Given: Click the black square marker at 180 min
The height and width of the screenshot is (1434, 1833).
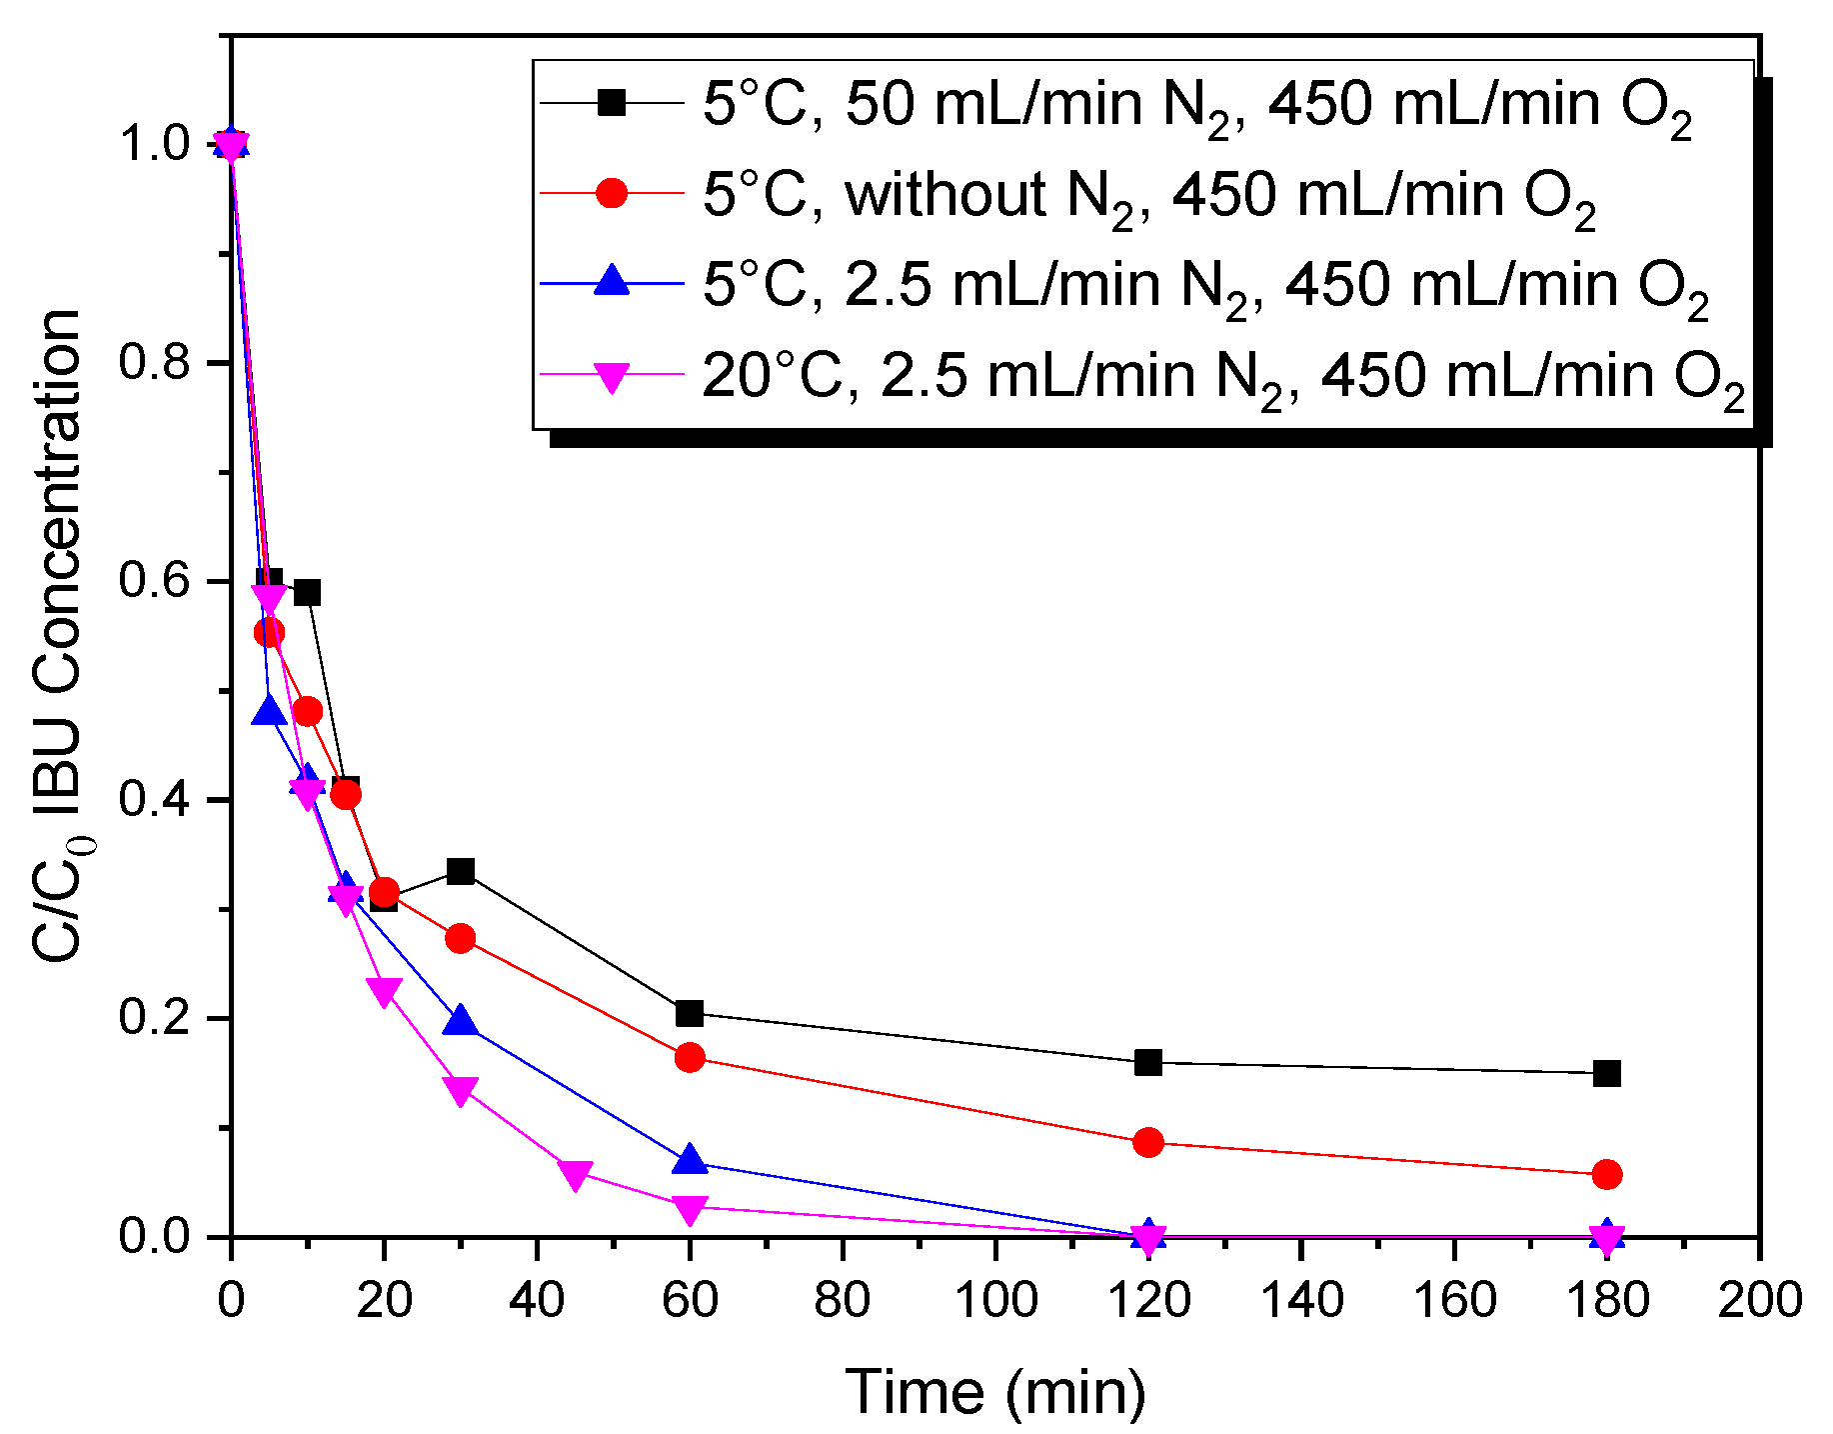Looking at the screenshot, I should coord(1606,1073).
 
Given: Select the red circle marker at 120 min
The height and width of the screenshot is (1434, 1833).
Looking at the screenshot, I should coord(1148,1142).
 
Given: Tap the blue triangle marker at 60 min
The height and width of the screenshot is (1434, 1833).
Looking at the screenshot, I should coord(690,1161).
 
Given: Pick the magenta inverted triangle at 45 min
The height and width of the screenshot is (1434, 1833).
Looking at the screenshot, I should coord(575,1175).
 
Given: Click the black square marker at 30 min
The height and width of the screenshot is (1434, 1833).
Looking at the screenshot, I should coord(460,871).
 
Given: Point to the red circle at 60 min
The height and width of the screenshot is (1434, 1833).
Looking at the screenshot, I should coord(690,1057).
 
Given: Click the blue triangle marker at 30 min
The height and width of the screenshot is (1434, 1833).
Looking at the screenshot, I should coord(460,1021).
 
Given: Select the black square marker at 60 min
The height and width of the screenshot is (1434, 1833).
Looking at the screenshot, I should coord(690,1013).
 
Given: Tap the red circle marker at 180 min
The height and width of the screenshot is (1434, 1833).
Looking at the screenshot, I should coord(1606,1174).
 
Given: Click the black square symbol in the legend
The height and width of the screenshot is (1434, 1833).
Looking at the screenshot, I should coord(611,103).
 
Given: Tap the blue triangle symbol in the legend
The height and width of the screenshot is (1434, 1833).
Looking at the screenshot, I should coord(611,283).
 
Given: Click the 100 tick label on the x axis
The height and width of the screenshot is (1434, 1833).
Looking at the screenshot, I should coord(995,1300).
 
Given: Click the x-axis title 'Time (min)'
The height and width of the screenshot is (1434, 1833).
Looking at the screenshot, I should coord(995,1390).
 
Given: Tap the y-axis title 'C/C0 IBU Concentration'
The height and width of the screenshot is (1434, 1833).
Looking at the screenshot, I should coord(58,636).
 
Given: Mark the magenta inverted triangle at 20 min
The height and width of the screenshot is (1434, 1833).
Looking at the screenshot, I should coord(384,992).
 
